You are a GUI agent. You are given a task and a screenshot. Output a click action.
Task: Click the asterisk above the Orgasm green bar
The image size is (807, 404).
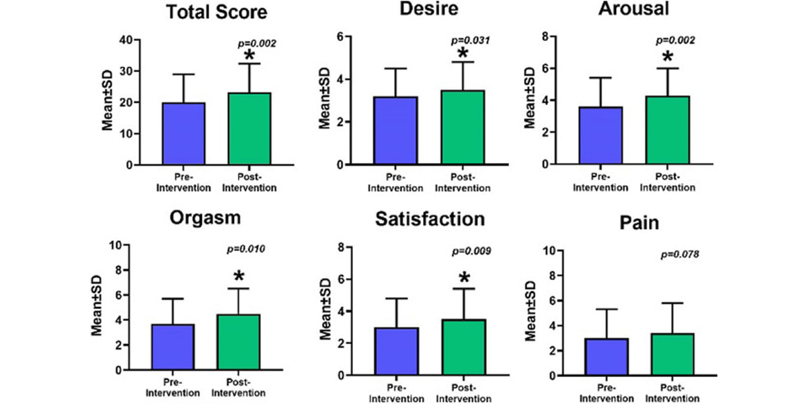click(238, 276)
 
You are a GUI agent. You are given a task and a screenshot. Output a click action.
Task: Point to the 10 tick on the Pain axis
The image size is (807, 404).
click(539, 250)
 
